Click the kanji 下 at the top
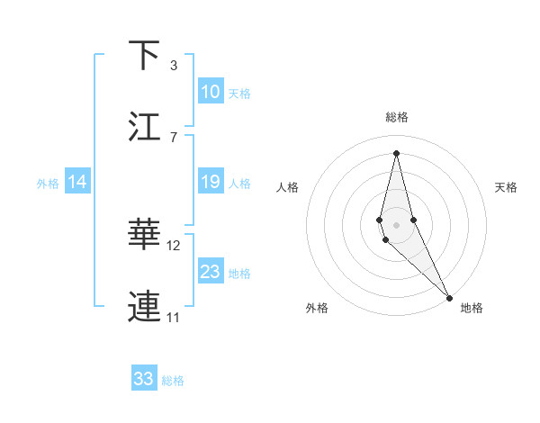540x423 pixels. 144,55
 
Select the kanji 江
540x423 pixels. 144,127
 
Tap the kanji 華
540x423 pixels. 144,235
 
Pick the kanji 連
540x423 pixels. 144,307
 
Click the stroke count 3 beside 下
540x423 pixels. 173,65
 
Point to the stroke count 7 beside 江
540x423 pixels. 173,137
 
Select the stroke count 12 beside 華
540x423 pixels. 174,245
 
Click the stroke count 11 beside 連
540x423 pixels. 174,317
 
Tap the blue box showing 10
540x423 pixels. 211,92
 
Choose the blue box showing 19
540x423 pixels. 211,182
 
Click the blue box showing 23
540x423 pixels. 211,272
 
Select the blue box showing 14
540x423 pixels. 77,182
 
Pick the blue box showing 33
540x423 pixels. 144,379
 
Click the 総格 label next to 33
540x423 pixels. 173,381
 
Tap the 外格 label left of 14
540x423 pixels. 48,184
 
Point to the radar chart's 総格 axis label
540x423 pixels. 396,117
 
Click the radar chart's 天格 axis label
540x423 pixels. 506,187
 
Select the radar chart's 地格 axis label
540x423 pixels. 472,308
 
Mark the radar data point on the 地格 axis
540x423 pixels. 450,296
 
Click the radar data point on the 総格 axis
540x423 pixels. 396,152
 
